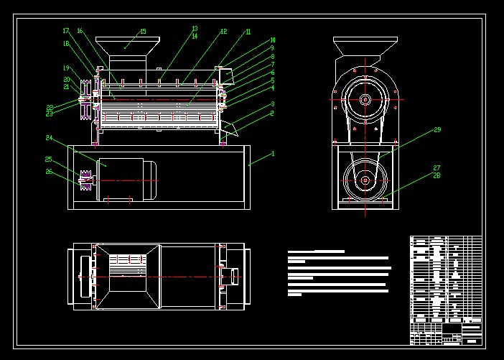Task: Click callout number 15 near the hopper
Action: click(x=142, y=32)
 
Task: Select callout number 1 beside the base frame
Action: click(x=273, y=153)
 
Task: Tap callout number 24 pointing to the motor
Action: click(x=49, y=137)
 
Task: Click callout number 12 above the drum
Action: click(x=223, y=32)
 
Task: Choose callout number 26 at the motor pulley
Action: click(x=49, y=171)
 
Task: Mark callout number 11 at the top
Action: click(x=248, y=32)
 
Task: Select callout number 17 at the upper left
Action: click(x=65, y=31)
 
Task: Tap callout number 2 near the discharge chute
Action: click(x=272, y=113)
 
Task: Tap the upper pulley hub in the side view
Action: click(x=365, y=99)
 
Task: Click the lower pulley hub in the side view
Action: click(x=365, y=179)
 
